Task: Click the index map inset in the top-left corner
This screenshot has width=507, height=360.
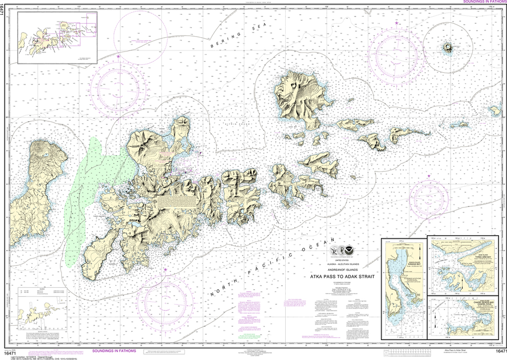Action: tap(57, 38)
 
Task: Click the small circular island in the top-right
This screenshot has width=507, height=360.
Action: tap(448, 48)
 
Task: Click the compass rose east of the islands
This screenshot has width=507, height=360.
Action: tap(429, 200)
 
